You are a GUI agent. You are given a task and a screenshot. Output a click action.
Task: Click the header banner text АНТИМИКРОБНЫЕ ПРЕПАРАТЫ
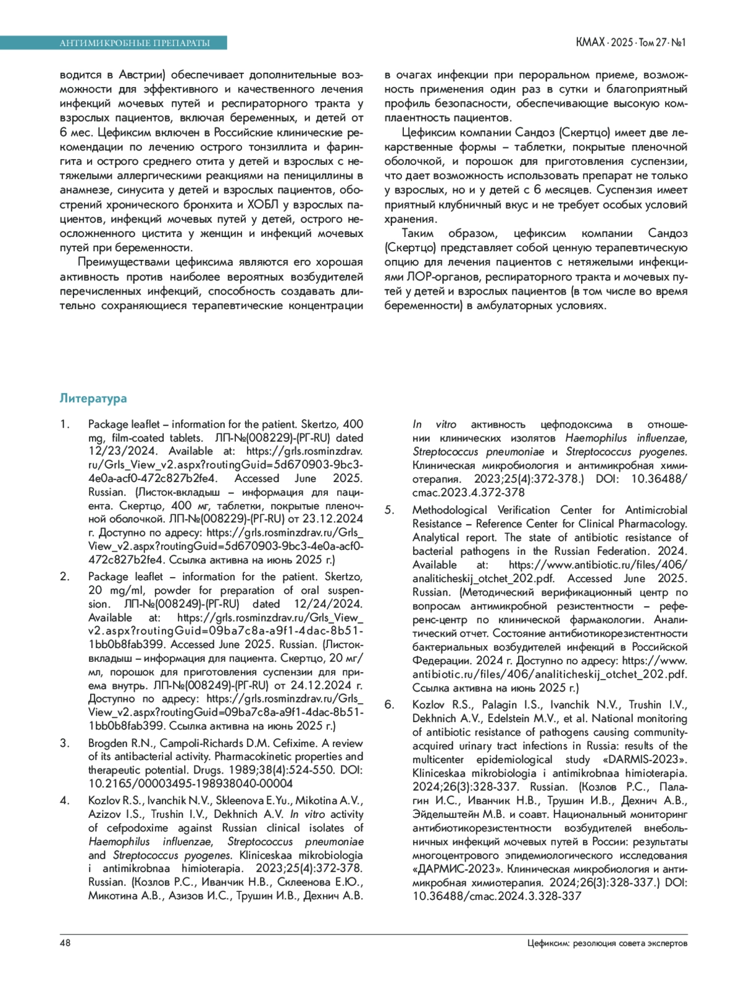pos(135,43)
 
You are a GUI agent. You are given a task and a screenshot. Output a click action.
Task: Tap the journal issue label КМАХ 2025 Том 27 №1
pos(630,43)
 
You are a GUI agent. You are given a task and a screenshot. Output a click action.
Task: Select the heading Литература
pos(93,398)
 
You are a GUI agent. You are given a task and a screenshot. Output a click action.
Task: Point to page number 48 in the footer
pos(65,943)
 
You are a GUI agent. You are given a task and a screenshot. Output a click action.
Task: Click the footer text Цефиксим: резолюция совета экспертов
pos(607,943)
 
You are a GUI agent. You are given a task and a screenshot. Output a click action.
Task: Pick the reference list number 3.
pos(64,743)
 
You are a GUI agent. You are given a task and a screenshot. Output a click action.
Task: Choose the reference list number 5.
pos(389,510)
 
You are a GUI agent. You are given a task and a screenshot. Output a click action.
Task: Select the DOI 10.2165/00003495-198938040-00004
pos(190,783)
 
